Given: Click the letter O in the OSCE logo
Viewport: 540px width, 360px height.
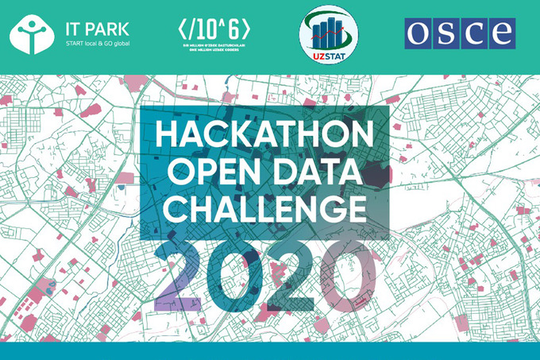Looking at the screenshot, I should [x=420, y=33].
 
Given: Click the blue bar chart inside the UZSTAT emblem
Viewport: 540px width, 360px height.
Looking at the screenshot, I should [x=326, y=32].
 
